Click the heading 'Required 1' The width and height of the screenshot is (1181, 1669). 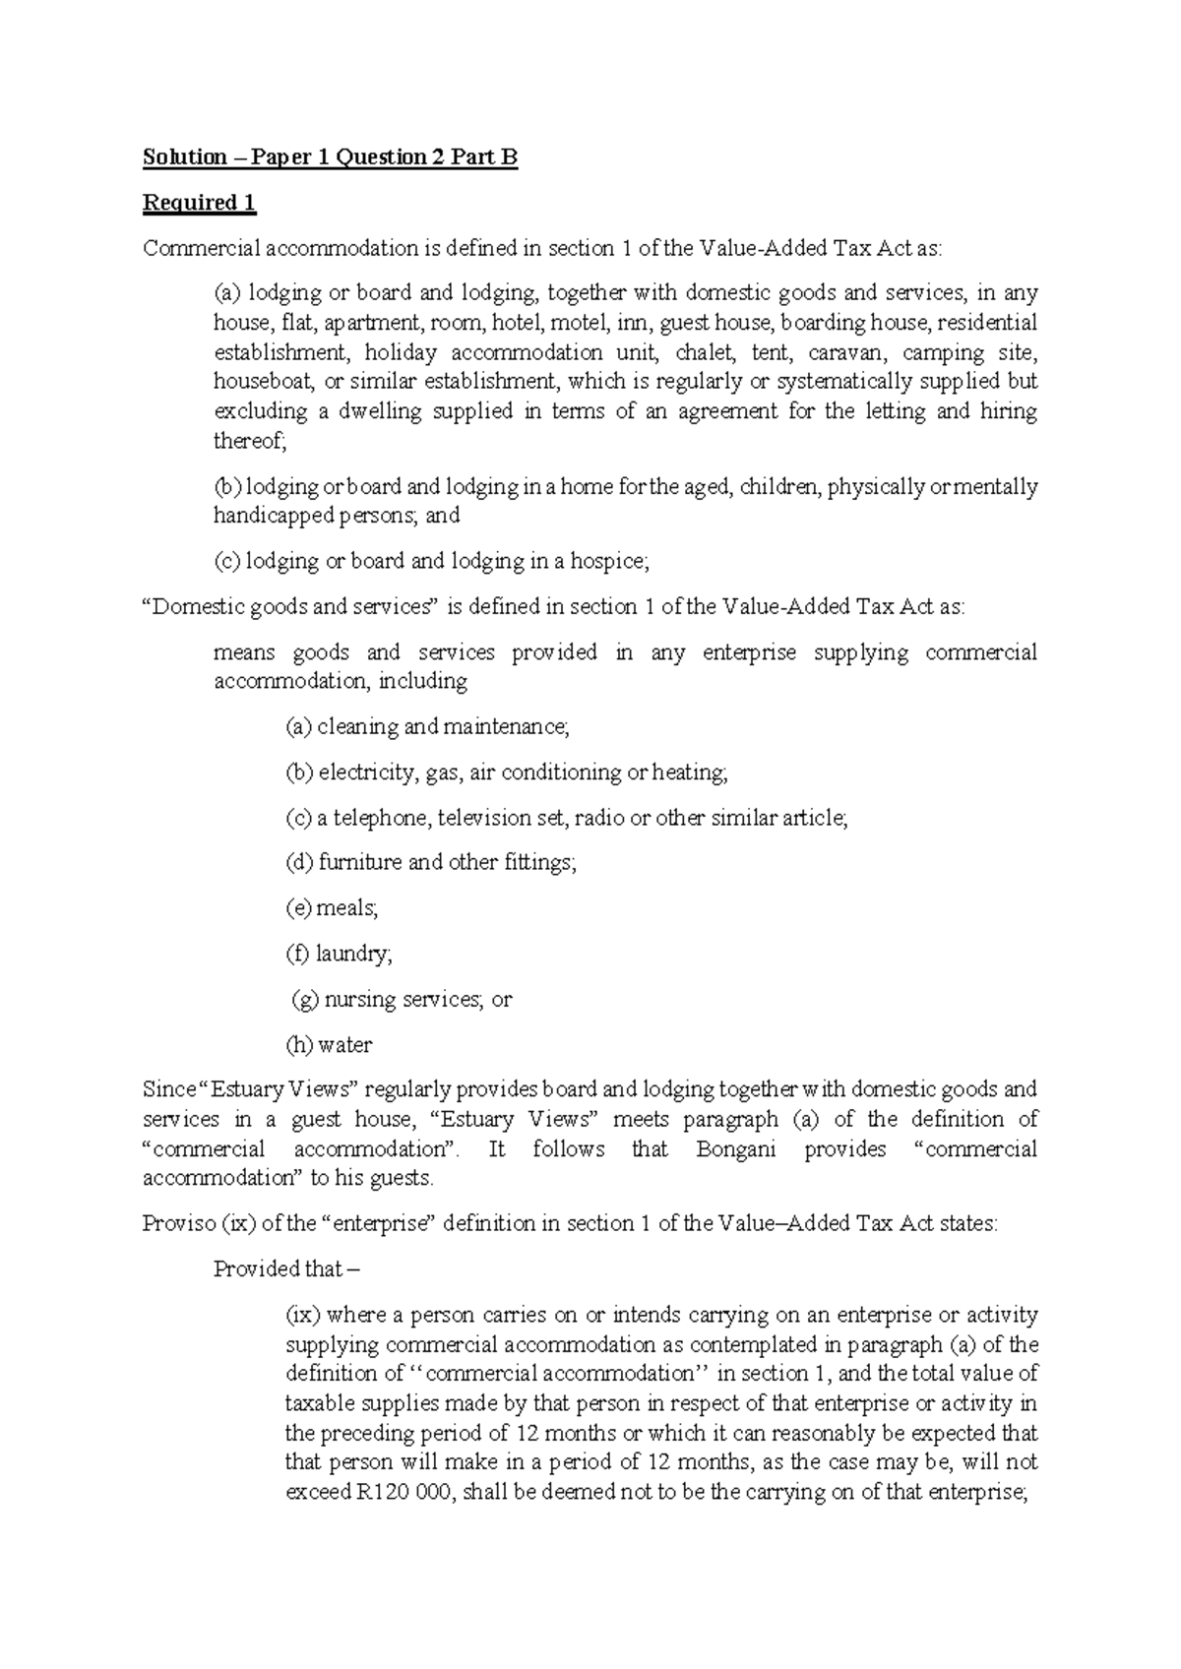[199, 204]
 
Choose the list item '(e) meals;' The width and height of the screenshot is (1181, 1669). [332, 908]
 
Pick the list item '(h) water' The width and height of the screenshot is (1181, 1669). [329, 1045]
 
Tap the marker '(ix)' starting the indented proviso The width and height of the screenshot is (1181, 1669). [302, 1316]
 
